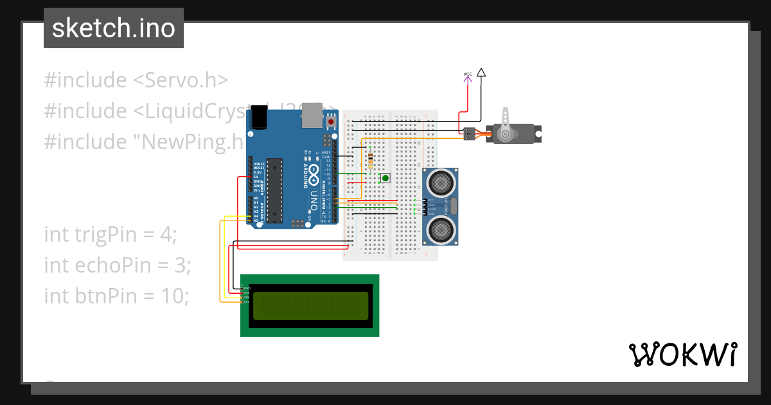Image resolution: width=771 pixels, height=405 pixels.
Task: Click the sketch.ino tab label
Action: pos(114,28)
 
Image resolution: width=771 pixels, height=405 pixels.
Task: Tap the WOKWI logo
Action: pos(682,355)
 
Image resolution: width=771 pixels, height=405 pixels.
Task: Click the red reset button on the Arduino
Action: pos(332,121)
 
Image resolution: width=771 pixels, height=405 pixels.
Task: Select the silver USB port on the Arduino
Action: pos(312,114)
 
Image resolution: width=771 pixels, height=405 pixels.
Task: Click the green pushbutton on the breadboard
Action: pos(385,178)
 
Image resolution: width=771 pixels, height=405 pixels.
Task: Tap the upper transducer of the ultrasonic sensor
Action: pos(440,183)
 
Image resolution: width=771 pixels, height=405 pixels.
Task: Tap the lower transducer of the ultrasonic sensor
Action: pos(440,230)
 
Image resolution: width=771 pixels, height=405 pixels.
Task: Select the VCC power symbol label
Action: pos(468,75)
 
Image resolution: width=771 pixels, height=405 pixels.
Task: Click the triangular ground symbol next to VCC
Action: pos(481,73)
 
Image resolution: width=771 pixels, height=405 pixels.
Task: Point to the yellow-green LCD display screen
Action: pos(310,305)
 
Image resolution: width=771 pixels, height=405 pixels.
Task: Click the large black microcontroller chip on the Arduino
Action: pos(275,191)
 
